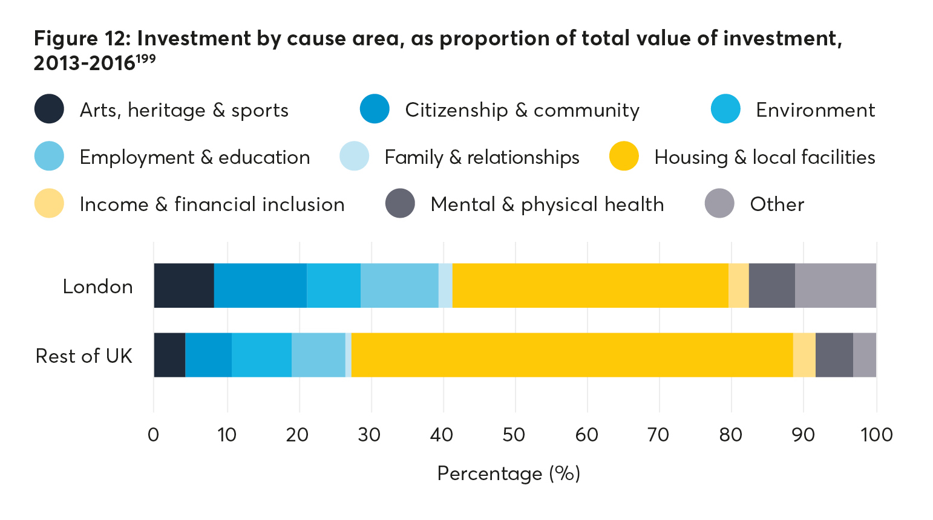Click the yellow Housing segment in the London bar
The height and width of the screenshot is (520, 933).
[590, 286]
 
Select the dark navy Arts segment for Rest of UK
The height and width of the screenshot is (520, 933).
[169, 355]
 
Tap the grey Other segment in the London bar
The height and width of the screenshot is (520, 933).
[835, 286]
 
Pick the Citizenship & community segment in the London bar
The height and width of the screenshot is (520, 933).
[260, 286]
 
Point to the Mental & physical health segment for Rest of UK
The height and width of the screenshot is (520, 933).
[834, 355]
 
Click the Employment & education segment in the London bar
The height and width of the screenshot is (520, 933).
[399, 286]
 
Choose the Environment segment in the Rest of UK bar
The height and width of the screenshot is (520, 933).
[261, 355]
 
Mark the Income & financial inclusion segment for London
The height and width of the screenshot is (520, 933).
[738, 286]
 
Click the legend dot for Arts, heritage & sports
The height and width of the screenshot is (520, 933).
[49, 109]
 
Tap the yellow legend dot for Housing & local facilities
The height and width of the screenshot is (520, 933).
[624, 157]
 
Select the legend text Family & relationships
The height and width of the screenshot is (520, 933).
[482, 157]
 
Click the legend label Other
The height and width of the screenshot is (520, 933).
[777, 204]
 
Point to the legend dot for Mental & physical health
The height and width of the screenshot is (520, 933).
[400, 204]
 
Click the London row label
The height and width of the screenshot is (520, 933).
[98, 286]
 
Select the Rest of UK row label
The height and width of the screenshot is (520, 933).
[84, 356]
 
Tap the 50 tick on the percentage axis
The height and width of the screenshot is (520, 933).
[514, 434]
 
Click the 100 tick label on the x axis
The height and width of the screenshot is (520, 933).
[876, 434]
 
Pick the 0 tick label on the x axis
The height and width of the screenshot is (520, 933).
[154, 434]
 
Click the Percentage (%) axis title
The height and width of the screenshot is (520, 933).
[508, 473]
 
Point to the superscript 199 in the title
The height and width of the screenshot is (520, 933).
[145, 58]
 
